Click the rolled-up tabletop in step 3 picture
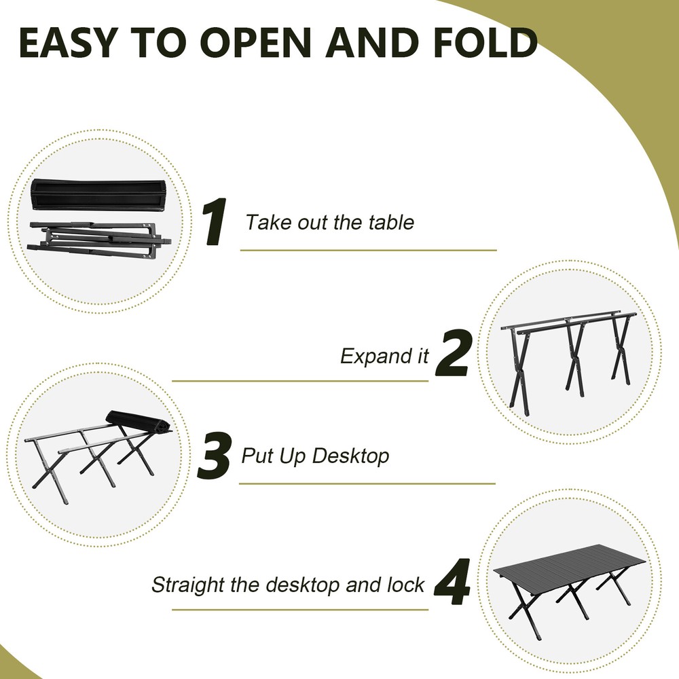(x=139, y=423)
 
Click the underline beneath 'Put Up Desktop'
(x=367, y=484)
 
